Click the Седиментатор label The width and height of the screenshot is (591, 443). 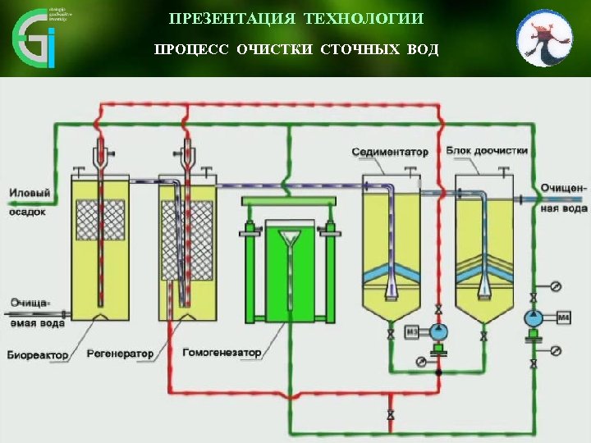coord(391,152)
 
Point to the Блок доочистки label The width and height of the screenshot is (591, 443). coord(488,151)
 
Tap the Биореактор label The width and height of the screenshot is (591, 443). coord(34,354)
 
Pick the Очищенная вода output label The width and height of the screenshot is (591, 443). coord(563,197)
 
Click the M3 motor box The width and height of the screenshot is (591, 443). coord(414,331)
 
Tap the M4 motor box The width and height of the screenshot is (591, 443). coord(564,317)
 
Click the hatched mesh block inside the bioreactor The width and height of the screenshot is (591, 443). coord(100,221)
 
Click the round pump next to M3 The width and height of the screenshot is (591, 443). coord(438,331)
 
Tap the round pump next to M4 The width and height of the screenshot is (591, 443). coord(534,317)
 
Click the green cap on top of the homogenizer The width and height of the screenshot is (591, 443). coord(288,201)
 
